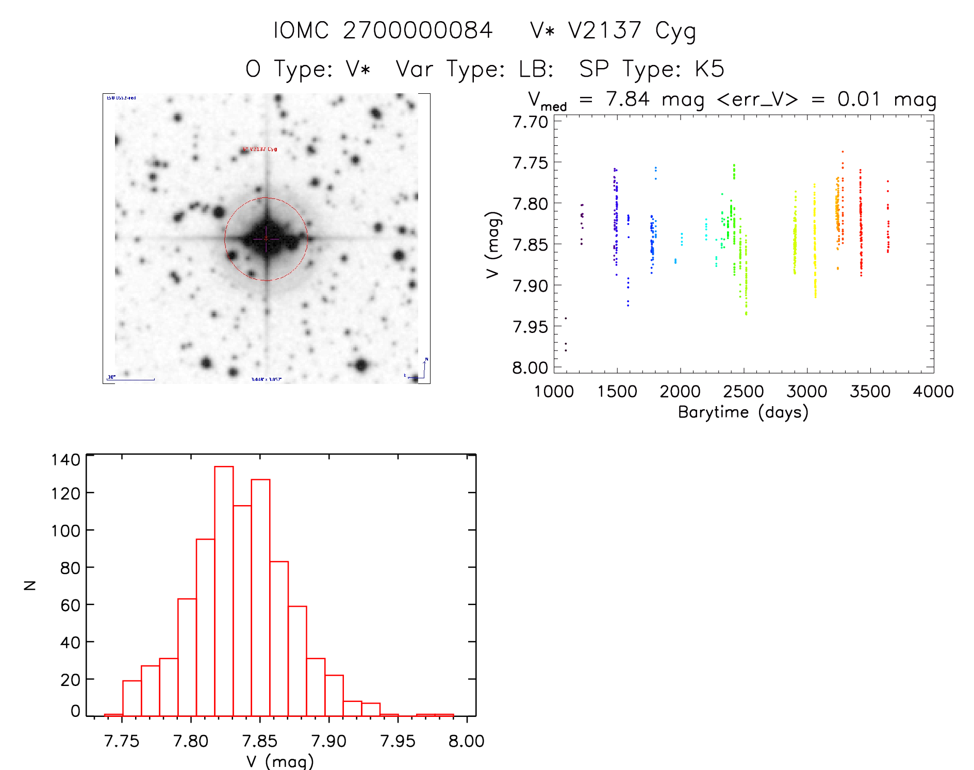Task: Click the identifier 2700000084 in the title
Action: (418, 31)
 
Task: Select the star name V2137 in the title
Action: (605, 31)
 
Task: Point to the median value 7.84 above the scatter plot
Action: (628, 99)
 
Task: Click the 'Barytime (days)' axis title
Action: (743, 412)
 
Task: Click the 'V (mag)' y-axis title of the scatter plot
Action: (493, 244)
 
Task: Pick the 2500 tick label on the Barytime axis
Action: (744, 392)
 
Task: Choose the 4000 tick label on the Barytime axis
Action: (933, 392)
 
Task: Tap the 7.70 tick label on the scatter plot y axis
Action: (530, 122)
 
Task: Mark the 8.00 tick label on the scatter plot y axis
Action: (530, 368)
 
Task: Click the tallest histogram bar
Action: (224, 591)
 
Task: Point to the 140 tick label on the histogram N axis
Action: (66, 460)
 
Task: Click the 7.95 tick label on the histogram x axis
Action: (398, 741)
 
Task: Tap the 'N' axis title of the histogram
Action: (30, 585)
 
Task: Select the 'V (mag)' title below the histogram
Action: (280, 761)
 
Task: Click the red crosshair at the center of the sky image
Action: (266, 239)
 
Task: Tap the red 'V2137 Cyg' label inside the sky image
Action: (260, 149)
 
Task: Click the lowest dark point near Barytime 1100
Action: (566, 350)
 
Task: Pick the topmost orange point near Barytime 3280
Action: (843, 152)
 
